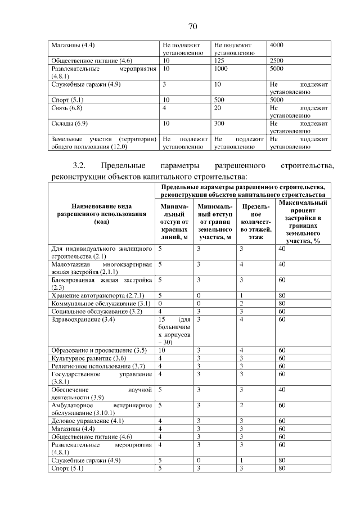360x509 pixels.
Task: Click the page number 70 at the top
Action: [x=192, y=26]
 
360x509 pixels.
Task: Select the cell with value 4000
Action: [x=277, y=44]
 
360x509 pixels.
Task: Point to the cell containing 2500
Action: [x=277, y=60]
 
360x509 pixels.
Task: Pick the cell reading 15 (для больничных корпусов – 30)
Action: [x=174, y=330]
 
